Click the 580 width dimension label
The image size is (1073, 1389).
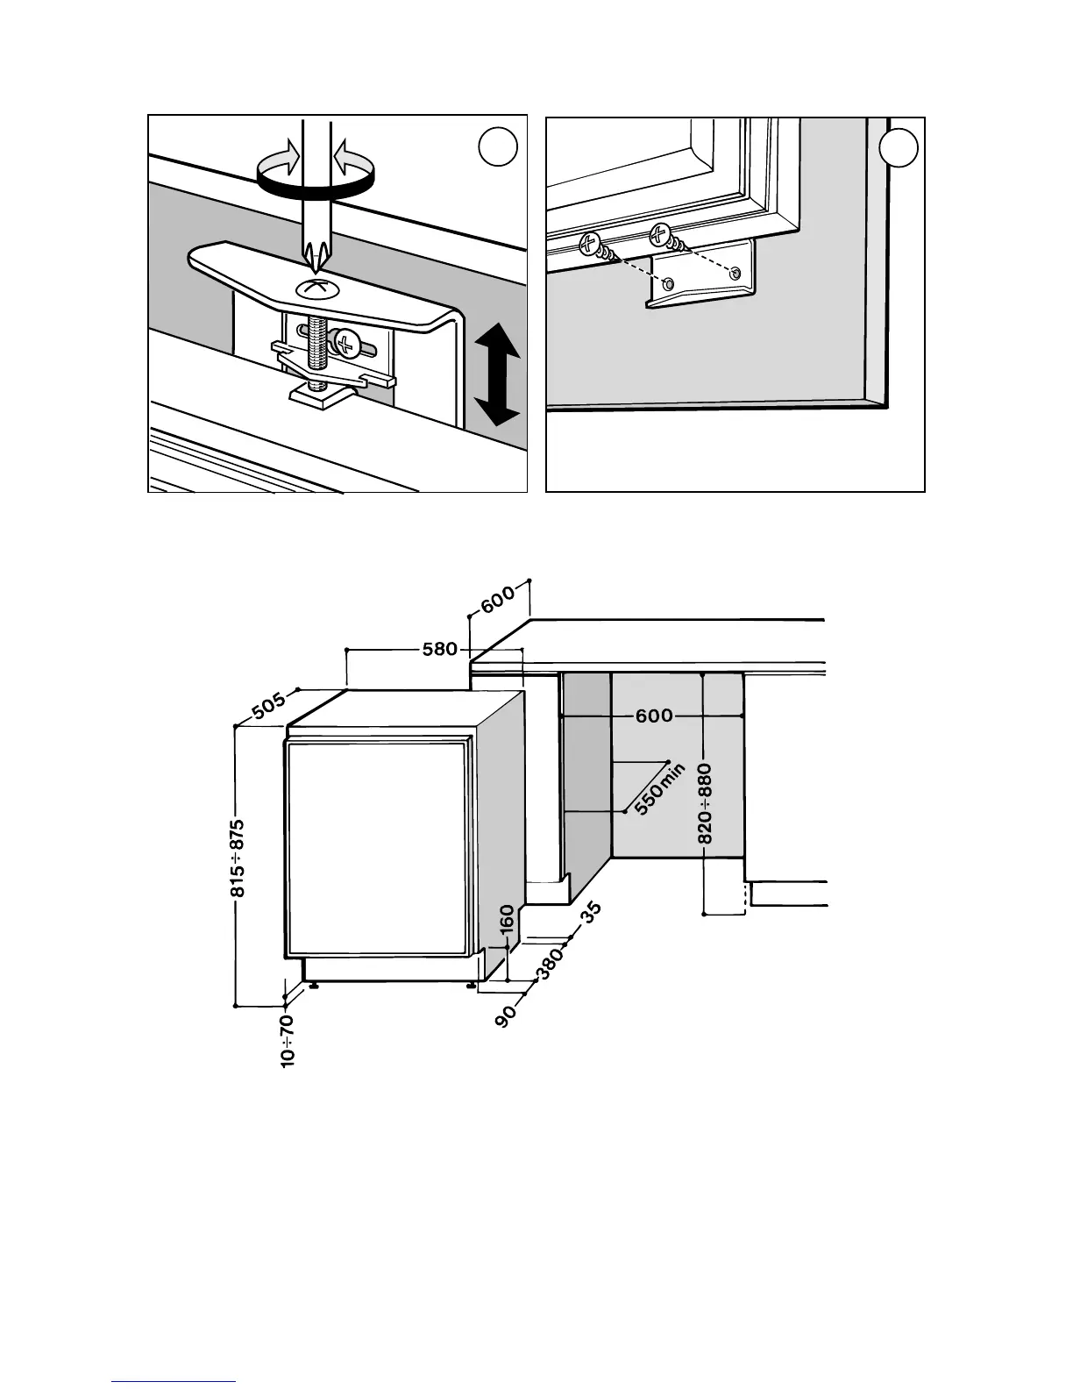(440, 649)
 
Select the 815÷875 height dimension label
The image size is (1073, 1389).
(238, 858)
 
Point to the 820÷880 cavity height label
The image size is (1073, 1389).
(705, 803)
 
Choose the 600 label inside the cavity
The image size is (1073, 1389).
(654, 716)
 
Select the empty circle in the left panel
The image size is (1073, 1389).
(499, 148)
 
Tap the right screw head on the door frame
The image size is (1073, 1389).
(659, 234)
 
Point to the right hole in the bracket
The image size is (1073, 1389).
(735, 274)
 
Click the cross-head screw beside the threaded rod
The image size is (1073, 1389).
(349, 345)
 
